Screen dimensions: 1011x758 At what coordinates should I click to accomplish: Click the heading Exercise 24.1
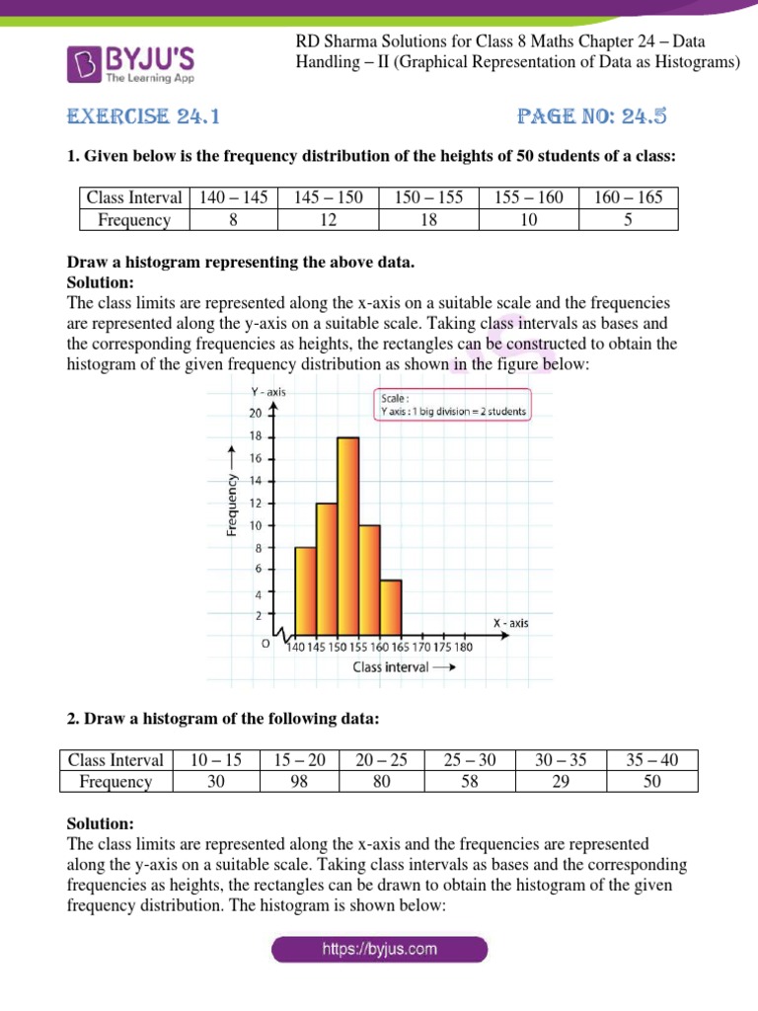142,117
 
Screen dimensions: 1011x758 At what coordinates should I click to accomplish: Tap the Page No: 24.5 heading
592,117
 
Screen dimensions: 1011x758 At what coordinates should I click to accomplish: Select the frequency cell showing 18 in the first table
428,219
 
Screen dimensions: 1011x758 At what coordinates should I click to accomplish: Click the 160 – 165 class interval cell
628,197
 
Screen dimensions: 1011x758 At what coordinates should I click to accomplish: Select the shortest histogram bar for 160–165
390,609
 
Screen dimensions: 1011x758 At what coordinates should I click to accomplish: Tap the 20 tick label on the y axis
255,413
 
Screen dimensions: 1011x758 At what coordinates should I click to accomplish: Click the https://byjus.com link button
379,950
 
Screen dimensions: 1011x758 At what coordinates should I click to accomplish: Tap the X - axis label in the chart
510,622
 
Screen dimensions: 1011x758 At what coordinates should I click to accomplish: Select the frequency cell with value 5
628,219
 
